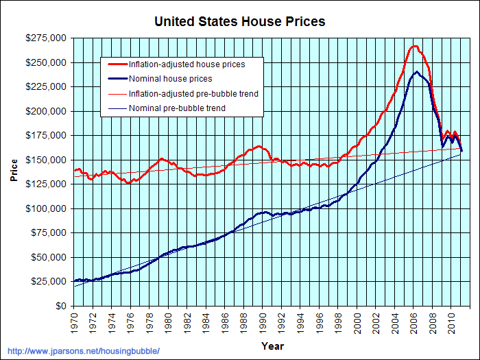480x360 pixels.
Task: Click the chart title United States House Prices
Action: coord(239,21)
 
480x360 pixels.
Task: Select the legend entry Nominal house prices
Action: coord(169,79)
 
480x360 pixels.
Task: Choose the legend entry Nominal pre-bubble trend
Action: coord(177,108)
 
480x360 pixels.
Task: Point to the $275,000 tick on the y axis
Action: coord(47,38)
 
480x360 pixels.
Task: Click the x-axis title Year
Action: coord(272,346)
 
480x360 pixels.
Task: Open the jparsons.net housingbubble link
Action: coord(82,351)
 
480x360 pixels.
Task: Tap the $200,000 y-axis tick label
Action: coord(47,111)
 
